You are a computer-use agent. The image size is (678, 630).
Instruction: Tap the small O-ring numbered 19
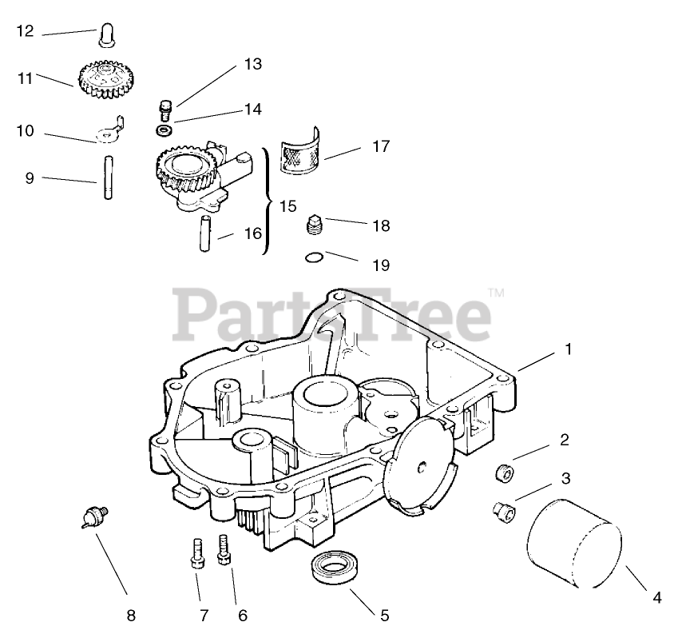pos(315,257)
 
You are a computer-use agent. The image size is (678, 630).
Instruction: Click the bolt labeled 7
pos(196,552)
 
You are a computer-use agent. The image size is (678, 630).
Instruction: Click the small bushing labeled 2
pos(504,472)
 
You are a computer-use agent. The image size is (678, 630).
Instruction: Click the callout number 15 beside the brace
pos(287,205)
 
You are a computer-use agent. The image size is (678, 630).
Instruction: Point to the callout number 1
pos(569,349)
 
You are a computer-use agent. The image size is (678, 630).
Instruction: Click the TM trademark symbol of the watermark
pos(495,293)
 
